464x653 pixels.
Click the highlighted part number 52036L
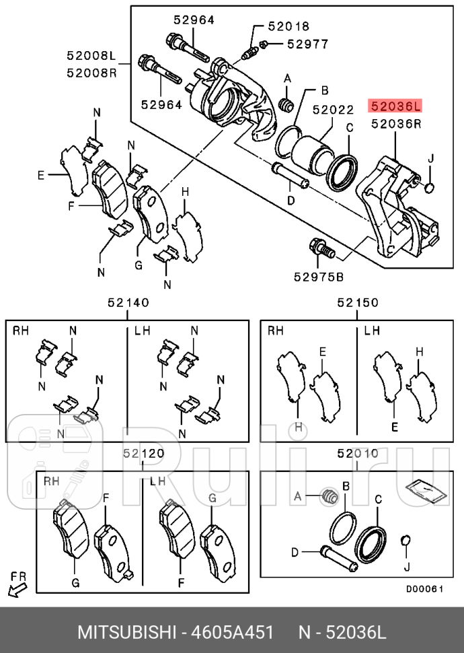[395, 106]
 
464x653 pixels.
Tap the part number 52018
[288, 27]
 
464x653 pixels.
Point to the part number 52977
[307, 44]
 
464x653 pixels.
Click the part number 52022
[332, 108]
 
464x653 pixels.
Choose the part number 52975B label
[318, 276]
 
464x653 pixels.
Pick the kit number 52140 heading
[128, 304]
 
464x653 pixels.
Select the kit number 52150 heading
[358, 304]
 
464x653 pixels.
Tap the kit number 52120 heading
[143, 454]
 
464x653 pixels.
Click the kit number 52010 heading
[358, 454]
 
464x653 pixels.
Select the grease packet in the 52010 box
[422, 490]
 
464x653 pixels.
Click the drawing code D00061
[424, 588]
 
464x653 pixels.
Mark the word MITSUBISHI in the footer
[128, 633]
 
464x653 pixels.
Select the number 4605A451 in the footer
[233, 633]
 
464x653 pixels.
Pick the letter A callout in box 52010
[297, 497]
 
